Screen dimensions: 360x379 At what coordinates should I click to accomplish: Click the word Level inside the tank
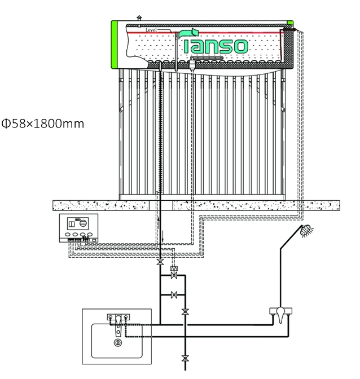coord(151,30)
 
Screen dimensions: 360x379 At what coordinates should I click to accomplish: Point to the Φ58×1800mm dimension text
coord(42,124)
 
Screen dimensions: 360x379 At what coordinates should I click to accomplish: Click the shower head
coord(306,231)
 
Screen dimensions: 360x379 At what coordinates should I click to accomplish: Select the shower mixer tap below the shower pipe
coord(280,314)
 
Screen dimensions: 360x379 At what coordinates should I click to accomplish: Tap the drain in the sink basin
coord(118,342)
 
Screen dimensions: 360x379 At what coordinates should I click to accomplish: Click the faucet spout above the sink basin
coord(118,324)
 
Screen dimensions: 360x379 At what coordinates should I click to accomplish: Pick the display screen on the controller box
coord(78,223)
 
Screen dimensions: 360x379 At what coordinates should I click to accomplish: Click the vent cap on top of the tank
coord(139,17)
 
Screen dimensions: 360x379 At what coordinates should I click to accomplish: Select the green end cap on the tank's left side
coord(115,45)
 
